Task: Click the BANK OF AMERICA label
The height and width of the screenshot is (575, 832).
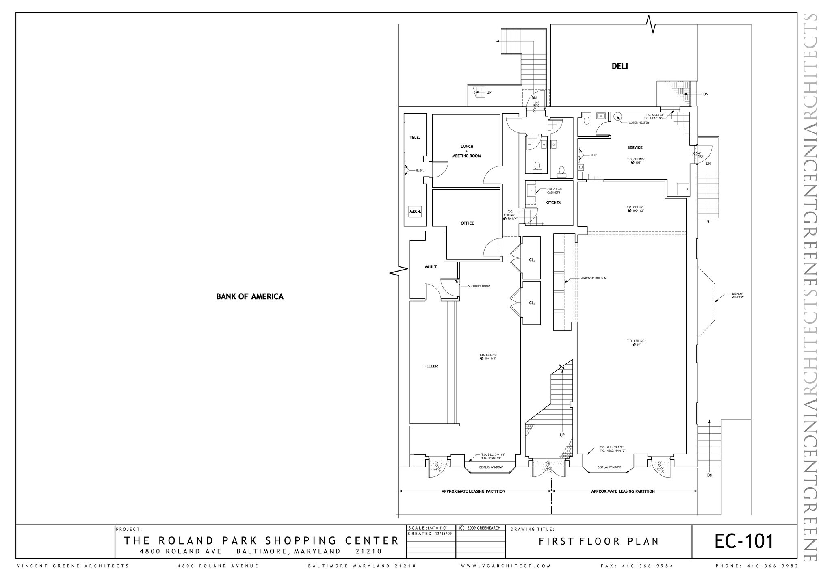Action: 249,296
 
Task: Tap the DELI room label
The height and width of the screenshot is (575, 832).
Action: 620,66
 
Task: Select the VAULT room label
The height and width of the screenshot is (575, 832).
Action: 430,267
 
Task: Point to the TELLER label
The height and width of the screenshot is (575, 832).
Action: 431,366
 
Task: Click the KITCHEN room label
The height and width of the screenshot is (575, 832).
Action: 553,203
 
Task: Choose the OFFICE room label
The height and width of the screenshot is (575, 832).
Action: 467,223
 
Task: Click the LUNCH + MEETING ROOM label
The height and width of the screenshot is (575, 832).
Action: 466,151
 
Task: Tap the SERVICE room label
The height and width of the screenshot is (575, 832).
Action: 635,147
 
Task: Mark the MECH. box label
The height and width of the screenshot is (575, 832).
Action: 415,212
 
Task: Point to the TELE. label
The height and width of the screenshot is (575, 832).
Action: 415,138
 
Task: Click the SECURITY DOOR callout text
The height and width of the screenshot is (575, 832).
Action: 479,286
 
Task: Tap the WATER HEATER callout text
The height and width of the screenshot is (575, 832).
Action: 639,123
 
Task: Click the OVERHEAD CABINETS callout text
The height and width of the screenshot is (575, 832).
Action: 554,191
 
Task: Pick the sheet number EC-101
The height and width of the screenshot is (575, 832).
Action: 744,541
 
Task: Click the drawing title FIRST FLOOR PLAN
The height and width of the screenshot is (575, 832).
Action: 598,541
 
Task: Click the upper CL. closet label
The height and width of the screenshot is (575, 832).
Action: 532,260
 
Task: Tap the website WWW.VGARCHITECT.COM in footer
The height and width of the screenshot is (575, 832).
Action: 506,566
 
